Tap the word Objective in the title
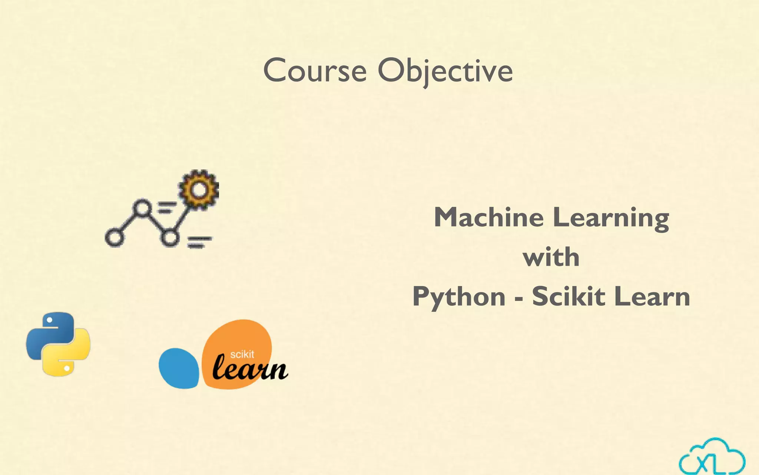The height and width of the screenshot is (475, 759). pyautogui.click(x=445, y=71)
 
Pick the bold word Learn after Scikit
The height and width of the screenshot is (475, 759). pyautogui.click(x=652, y=297)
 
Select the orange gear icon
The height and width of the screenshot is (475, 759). pyautogui.click(x=199, y=190)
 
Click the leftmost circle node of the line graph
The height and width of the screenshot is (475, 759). pyautogui.click(x=114, y=237)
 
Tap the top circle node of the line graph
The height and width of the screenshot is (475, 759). pyautogui.click(x=142, y=209)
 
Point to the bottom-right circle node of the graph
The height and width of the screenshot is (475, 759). pyautogui.click(x=170, y=237)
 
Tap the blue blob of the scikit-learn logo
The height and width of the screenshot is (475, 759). pyautogui.click(x=179, y=368)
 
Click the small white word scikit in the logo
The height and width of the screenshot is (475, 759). pyautogui.click(x=242, y=354)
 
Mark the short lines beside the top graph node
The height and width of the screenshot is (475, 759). pyautogui.click(x=167, y=207)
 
